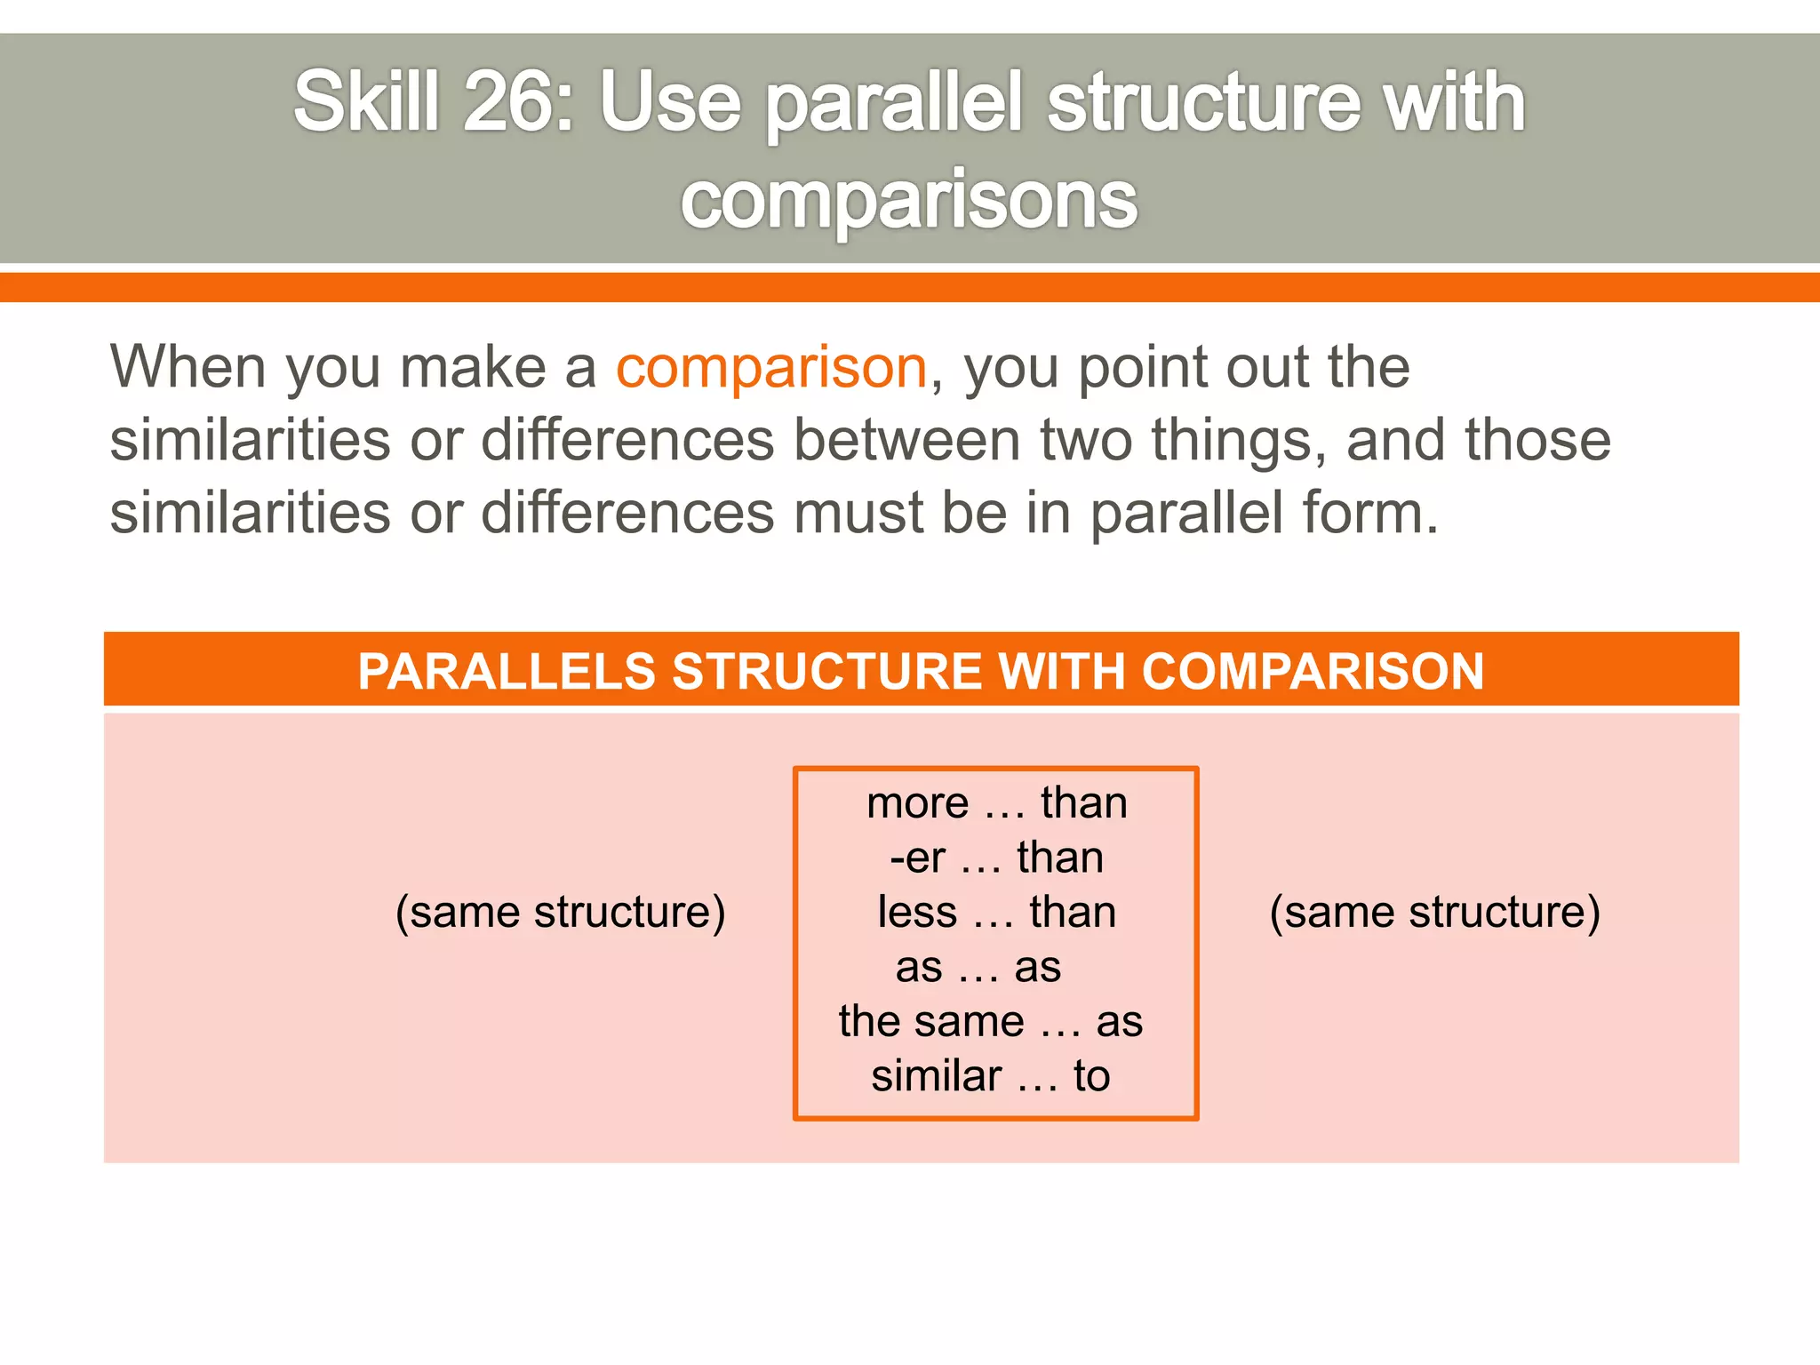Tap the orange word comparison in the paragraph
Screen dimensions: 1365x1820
coord(771,367)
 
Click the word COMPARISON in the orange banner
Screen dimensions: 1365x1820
coord(1313,671)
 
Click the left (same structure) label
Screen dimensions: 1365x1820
coord(560,913)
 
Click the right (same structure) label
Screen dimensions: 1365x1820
coord(1434,913)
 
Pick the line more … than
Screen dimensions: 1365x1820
coord(996,803)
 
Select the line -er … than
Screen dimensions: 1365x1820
coord(996,858)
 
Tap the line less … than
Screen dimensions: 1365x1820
coord(996,913)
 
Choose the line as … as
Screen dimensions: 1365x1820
coord(978,967)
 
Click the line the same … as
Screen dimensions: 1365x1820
coord(990,1022)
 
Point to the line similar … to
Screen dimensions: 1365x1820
coord(990,1076)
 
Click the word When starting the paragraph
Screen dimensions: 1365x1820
coord(188,367)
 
